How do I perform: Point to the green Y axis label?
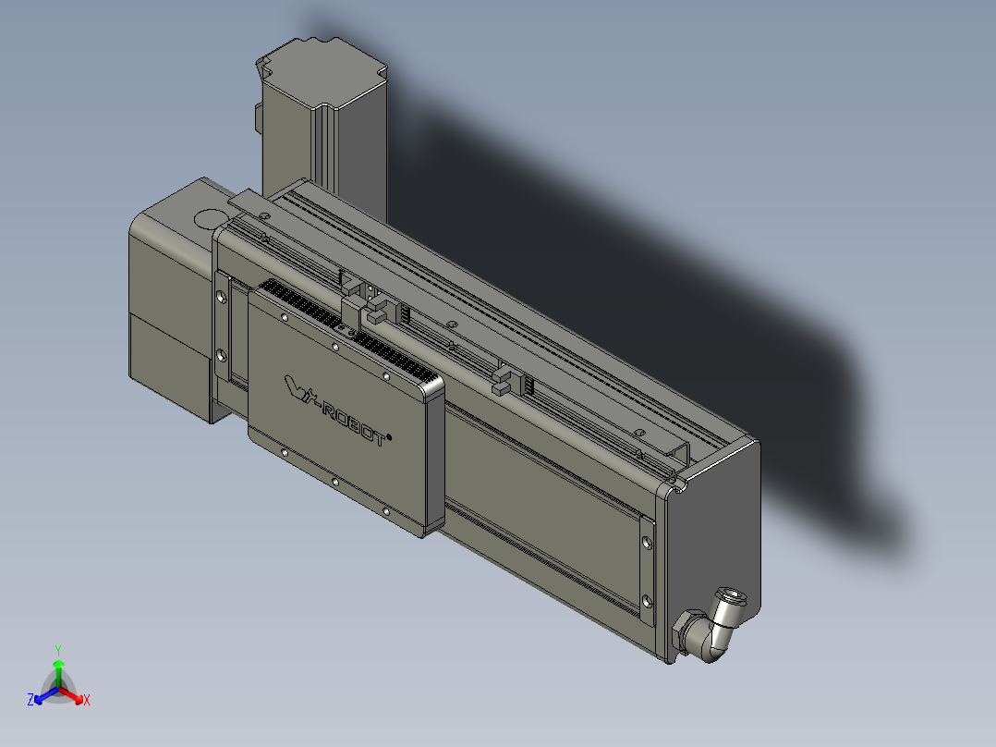[57, 650]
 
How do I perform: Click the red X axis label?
[86, 700]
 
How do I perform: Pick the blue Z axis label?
[30, 700]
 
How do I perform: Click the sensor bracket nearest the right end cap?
[504, 379]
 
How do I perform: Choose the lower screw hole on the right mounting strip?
[646, 596]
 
